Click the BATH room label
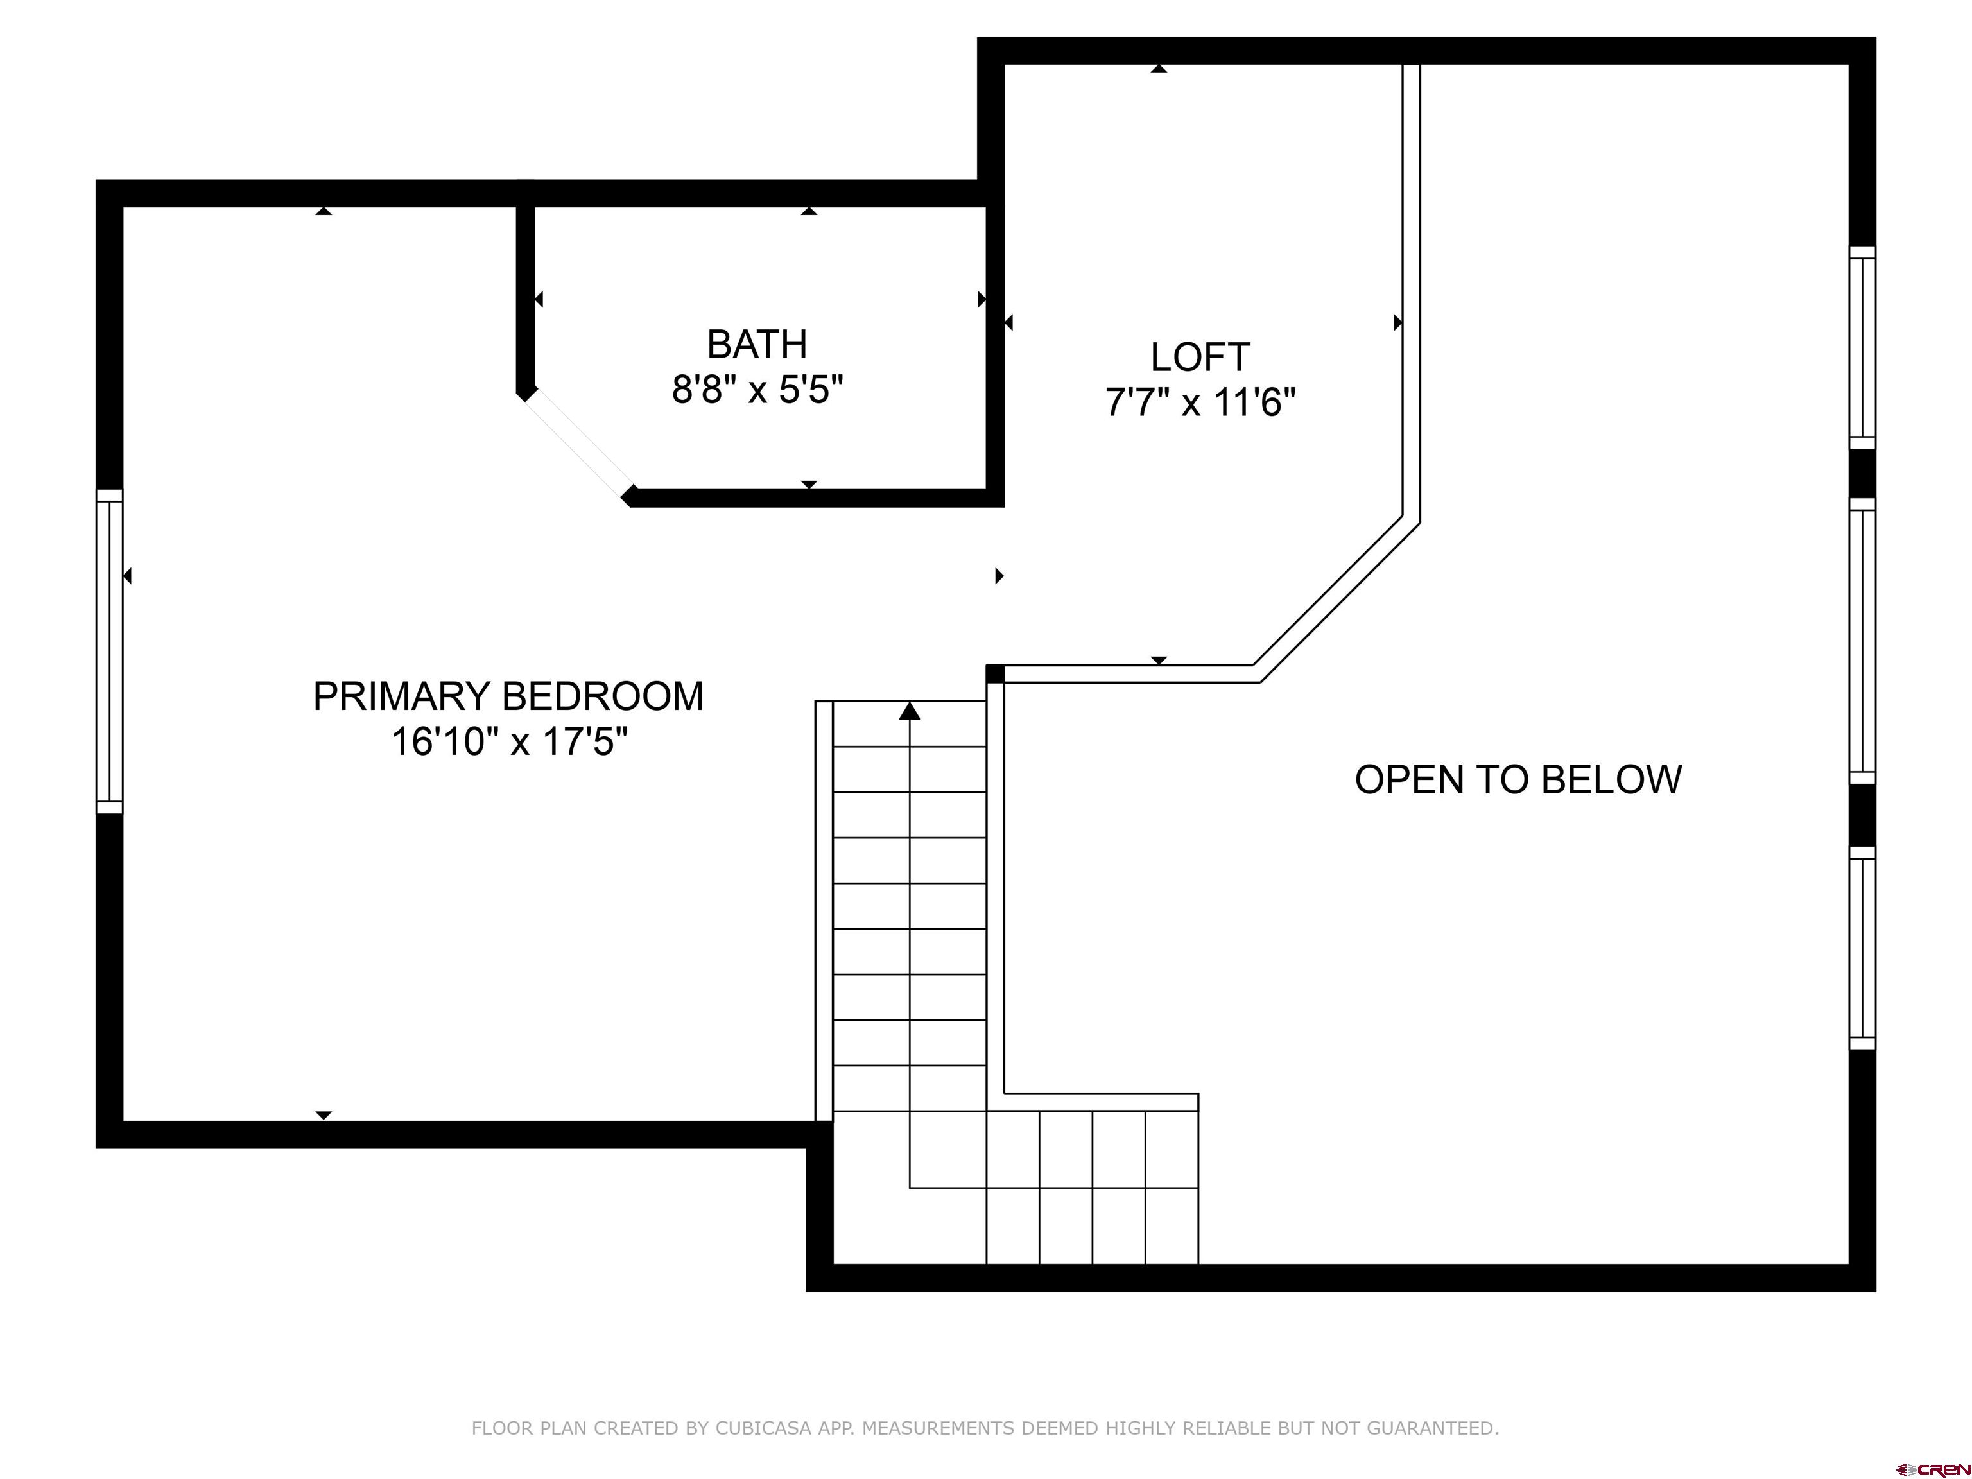tap(757, 344)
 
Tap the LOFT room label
tap(1200, 358)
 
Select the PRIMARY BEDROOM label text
tap(508, 696)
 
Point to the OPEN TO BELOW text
tap(1518, 779)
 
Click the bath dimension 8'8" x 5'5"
tap(757, 390)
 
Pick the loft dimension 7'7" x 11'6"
tap(1200, 402)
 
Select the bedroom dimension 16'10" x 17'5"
tap(509, 741)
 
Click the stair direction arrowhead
tap(910, 711)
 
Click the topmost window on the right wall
tap(1862, 348)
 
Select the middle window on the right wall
tap(1862, 641)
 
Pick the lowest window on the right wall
tap(1862, 947)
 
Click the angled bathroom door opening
tap(578, 445)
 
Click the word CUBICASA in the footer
tap(764, 1428)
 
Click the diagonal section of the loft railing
tap(1335, 601)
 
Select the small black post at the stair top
tap(995, 673)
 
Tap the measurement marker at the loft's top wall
tap(1158, 68)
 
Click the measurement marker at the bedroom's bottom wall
tap(324, 1115)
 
